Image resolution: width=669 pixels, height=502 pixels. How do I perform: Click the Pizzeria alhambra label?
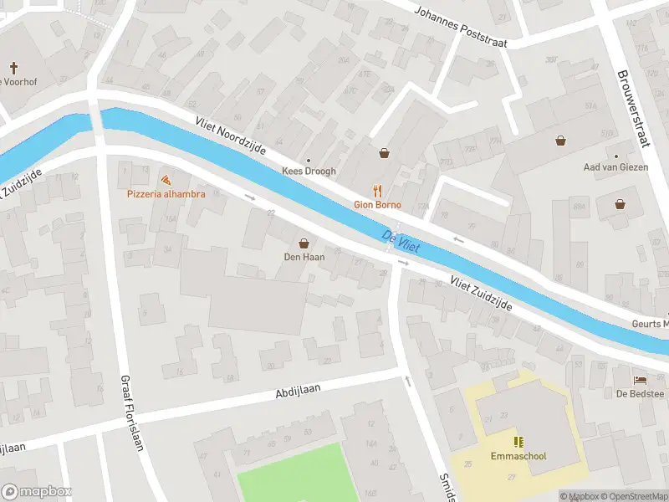pyautogui.click(x=166, y=193)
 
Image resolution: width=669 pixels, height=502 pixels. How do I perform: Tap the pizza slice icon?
pyautogui.click(x=166, y=179)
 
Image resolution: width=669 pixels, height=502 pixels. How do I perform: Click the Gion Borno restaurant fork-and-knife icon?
pyautogui.click(x=377, y=190)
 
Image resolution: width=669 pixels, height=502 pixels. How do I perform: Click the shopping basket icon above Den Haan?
pyautogui.click(x=303, y=242)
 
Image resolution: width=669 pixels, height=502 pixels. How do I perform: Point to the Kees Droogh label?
pyautogui.click(x=309, y=171)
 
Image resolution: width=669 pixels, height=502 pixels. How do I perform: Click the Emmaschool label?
pyautogui.click(x=518, y=457)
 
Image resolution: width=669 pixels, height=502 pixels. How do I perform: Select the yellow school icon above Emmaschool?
pyautogui.click(x=518, y=441)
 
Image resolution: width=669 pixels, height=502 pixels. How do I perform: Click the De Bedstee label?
pyautogui.click(x=640, y=394)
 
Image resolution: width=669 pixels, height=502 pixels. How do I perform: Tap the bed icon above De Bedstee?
pyautogui.click(x=640, y=379)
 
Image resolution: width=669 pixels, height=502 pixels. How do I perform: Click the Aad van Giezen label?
pyautogui.click(x=616, y=167)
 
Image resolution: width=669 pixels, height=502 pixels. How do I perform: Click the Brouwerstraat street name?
pyautogui.click(x=632, y=107)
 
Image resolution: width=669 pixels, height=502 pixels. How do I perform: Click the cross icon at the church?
pyautogui.click(x=14, y=67)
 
